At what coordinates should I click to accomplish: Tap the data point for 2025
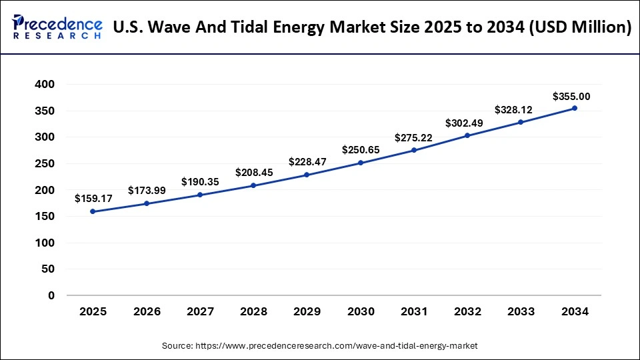[93, 211]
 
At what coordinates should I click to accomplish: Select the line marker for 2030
[361, 163]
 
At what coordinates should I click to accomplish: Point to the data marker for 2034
[575, 108]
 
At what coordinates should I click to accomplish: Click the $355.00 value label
[571, 97]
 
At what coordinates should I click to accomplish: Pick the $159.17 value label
[93, 198]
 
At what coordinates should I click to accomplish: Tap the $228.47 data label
[307, 162]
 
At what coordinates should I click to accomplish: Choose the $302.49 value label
[467, 123]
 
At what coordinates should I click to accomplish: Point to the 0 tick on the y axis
[51, 295]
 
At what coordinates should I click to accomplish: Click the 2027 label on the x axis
[200, 311]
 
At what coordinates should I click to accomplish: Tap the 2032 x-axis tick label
[467, 311]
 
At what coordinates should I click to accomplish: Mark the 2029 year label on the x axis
[307, 311]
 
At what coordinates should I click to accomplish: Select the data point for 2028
[253, 185]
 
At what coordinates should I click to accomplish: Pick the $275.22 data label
[414, 137]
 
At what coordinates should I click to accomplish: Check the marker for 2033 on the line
[521, 122]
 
